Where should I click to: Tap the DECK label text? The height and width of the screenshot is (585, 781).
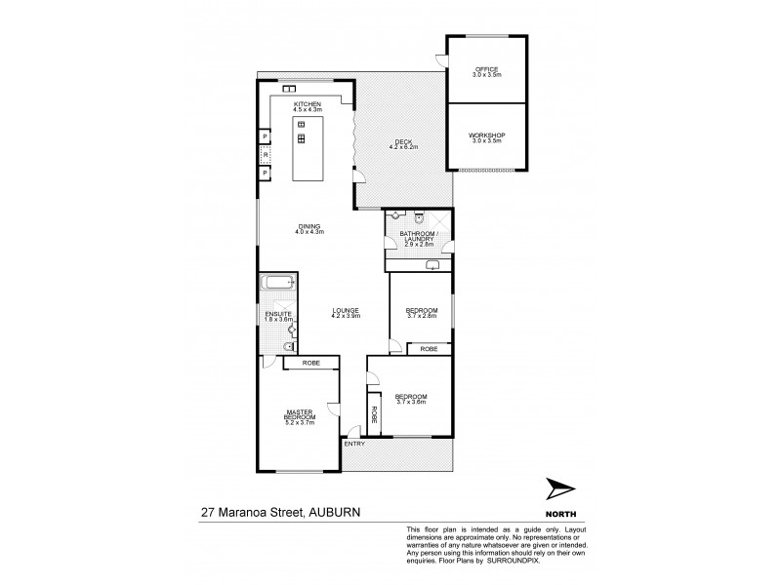403,141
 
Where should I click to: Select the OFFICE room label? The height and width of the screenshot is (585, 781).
486,69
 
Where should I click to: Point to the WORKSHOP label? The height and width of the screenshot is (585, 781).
486,136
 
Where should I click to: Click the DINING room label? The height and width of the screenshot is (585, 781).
309,226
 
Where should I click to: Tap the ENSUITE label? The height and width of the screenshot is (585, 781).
278,313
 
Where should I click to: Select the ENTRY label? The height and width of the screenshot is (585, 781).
353,444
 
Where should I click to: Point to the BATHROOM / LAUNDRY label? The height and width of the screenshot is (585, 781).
417,239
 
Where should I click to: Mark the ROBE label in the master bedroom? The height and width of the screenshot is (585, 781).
310,363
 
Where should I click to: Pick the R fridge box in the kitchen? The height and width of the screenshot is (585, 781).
265,155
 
